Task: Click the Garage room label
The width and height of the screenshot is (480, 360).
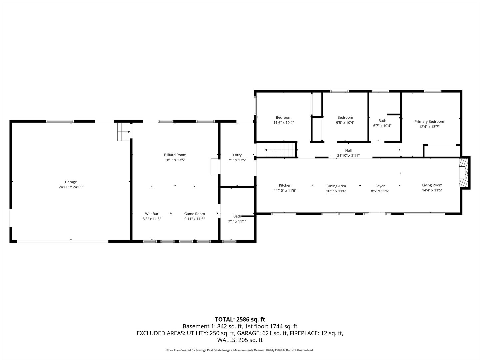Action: pyautogui.click(x=71, y=182)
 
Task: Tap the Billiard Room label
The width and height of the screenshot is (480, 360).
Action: pyautogui.click(x=175, y=155)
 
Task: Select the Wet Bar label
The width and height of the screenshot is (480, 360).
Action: pyautogui.click(x=152, y=214)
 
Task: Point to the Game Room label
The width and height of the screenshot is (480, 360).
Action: pyautogui.click(x=194, y=214)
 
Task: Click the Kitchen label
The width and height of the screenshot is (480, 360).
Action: pyautogui.click(x=285, y=185)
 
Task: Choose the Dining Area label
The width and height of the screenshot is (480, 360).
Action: pyautogui.click(x=336, y=186)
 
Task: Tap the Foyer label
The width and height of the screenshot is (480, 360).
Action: pyautogui.click(x=380, y=186)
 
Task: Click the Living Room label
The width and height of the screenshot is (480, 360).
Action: pyautogui.click(x=432, y=185)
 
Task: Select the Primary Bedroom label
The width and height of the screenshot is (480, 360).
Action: pyautogui.click(x=429, y=122)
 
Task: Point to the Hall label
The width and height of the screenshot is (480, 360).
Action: pyautogui.click(x=348, y=150)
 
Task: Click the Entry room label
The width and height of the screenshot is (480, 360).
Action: pyautogui.click(x=237, y=155)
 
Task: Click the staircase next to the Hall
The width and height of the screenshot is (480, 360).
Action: pyautogui.click(x=280, y=150)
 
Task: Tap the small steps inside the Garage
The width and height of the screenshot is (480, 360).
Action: pyautogui.click(x=124, y=132)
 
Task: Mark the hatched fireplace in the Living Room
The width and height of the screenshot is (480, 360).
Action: pyautogui.click(x=463, y=173)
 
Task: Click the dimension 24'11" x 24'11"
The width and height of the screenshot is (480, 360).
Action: pyautogui.click(x=71, y=187)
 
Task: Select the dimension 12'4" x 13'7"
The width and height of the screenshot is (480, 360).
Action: pyautogui.click(x=429, y=127)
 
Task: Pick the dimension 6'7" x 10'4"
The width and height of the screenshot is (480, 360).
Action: pyautogui.click(x=382, y=126)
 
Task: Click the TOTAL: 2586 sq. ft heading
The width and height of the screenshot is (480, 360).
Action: pyautogui.click(x=240, y=319)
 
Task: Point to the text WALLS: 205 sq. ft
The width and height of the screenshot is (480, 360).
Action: pyautogui.click(x=240, y=340)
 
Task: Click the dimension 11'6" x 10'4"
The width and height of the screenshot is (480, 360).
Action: pyautogui.click(x=283, y=123)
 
